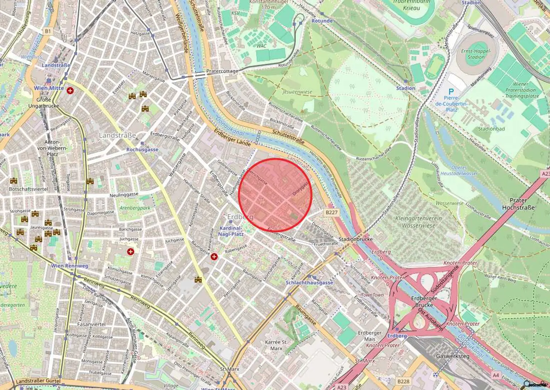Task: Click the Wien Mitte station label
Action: coord(49,88)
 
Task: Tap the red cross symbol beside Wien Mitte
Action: coord(70,91)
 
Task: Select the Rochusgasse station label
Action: coord(142,150)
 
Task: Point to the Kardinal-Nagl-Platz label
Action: coord(231,231)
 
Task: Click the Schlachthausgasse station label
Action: coord(309,283)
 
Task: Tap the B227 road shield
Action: coord(331,212)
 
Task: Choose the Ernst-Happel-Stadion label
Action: coord(476,54)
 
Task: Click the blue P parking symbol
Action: coord(451,92)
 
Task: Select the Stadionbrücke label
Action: coord(355,239)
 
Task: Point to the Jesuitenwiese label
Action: coord(297,92)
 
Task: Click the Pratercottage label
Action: coord(222,71)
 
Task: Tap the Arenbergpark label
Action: coord(135,208)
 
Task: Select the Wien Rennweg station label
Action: coord(69,266)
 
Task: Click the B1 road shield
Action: coord(48,32)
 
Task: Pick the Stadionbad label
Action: coord(491,129)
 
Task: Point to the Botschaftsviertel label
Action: coord(28,189)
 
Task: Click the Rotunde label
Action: coord(322,21)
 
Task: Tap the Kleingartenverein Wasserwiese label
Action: coord(419,222)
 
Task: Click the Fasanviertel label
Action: coord(91,324)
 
